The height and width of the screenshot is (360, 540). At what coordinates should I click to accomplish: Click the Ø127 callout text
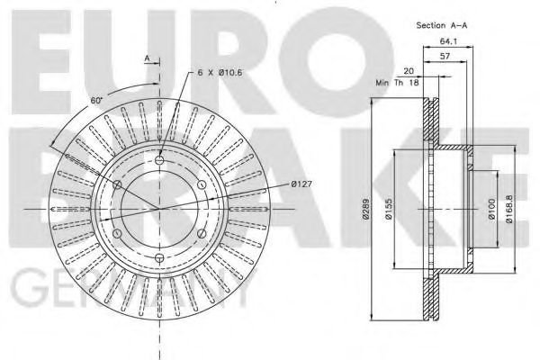[x=301, y=184]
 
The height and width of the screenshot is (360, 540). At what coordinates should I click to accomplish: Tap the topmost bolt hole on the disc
[x=159, y=161]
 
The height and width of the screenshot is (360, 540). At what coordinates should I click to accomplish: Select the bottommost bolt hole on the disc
[x=159, y=259]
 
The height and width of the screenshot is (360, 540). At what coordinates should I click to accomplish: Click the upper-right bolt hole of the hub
[x=202, y=185]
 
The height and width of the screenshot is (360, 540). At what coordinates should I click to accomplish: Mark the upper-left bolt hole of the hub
[x=117, y=185]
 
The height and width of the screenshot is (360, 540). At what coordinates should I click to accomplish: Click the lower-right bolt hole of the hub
[x=202, y=235]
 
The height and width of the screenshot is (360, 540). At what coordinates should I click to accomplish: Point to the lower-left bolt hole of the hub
[x=117, y=235]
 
